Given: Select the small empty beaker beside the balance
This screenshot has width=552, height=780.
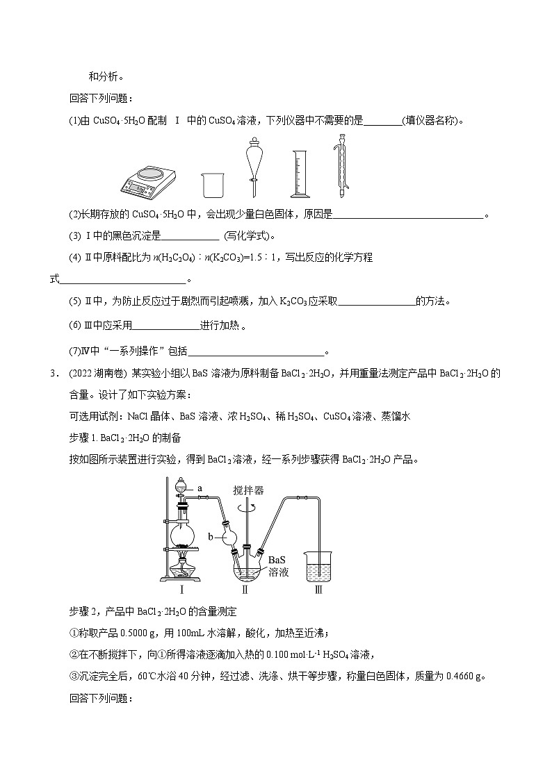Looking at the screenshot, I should [212, 184].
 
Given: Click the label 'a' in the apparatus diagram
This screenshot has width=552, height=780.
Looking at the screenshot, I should [200, 489].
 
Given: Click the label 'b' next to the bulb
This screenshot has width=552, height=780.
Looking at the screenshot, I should [211, 536].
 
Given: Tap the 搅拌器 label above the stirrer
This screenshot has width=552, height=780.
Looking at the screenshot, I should [249, 490].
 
